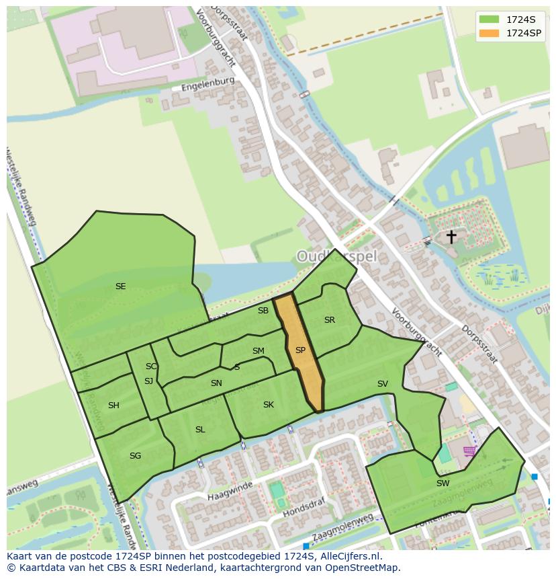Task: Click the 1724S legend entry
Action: coord(510,19)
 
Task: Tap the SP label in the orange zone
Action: coord(300,350)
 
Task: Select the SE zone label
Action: coord(120,286)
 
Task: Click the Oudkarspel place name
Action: coord(337,256)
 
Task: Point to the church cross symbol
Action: coord(451,237)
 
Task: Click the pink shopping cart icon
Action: coord(469,451)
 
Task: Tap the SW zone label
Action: coord(443,483)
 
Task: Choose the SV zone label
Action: coord(382,384)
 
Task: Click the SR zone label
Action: coord(329,320)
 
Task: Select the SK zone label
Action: coord(268,405)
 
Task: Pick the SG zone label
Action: coord(135,456)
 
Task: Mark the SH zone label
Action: coord(113,406)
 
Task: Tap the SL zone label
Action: coord(200,430)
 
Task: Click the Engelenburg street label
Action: coord(207,84)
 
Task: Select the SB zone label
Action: coord(263,311)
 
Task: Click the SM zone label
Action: coord(258,351)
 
